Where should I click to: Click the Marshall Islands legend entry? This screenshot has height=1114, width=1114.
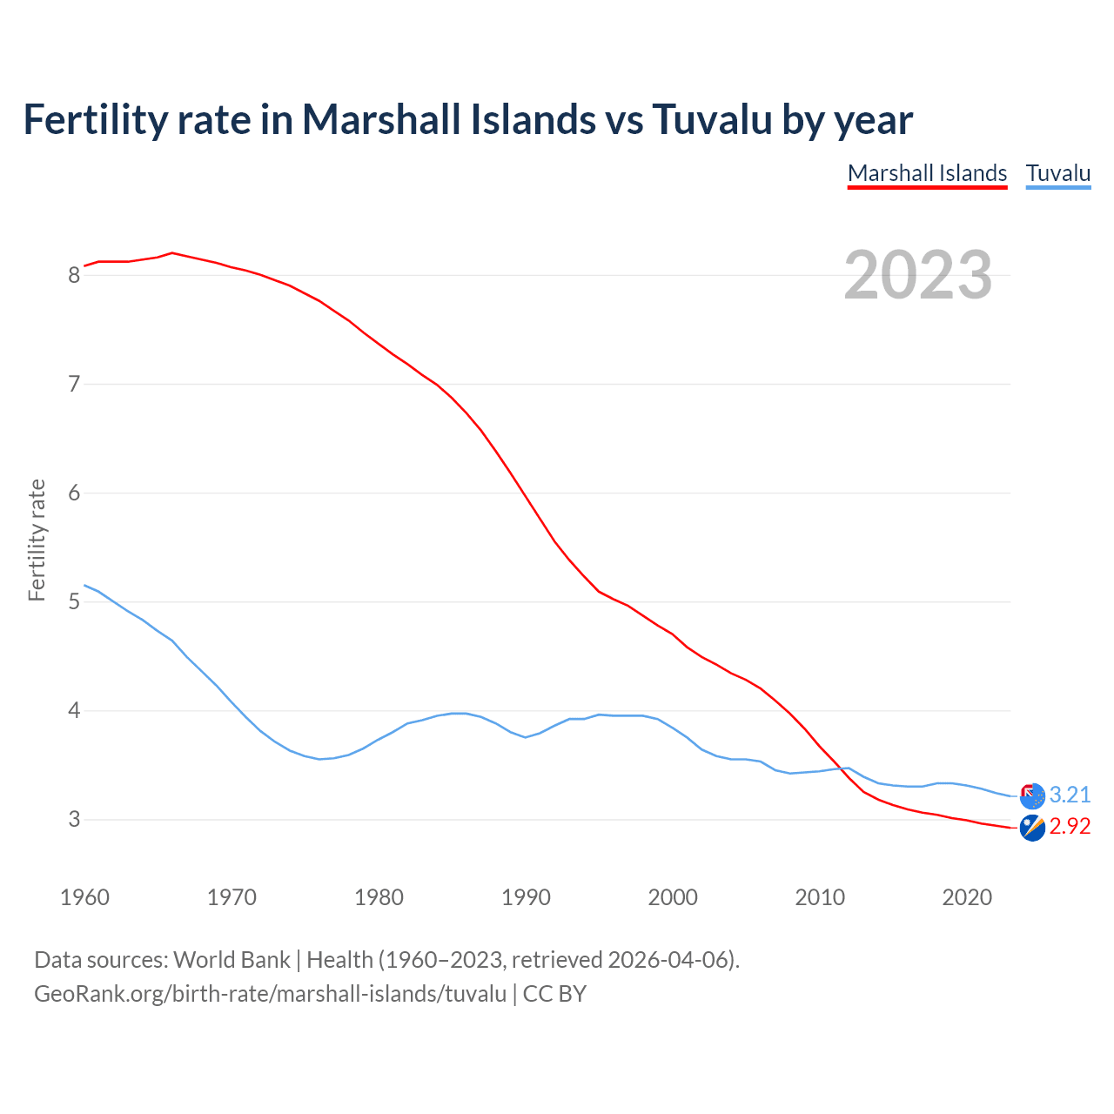[x=927, y=173]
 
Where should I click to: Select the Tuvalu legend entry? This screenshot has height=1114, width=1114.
[x=1057, y=173]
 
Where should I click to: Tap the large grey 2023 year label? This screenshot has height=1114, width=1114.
[x=917, y=275]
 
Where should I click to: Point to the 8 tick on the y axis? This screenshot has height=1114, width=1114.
[x=74, y=276]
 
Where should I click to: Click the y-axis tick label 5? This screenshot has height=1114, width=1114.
[x=74, y=602]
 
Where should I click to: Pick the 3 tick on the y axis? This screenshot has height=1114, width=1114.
[x=74, y=820]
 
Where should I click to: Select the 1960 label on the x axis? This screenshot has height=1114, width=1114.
[x=84, y=897]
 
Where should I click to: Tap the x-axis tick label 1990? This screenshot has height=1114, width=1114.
[x=526, y=897]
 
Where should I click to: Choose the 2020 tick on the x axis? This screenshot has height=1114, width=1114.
[x=967, y=897]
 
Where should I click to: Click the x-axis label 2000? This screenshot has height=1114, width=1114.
[x=673, y=897]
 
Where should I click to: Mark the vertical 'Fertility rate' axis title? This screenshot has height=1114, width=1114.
[x=37, y=540]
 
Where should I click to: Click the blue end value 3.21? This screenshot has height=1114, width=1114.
[x=1070, y=795]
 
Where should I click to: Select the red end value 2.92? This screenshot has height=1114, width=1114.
[x=1070, y=826]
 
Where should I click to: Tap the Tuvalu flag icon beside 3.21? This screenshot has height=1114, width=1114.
[x=1032, y=795]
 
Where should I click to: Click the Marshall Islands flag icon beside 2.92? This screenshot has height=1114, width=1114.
[x=1032, y=828]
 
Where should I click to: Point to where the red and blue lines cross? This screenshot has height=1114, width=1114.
[x=838, y=768]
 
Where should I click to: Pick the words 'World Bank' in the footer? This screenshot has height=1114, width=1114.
[x=232, y=960]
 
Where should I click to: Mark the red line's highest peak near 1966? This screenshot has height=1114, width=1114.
[x=172, y=252]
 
